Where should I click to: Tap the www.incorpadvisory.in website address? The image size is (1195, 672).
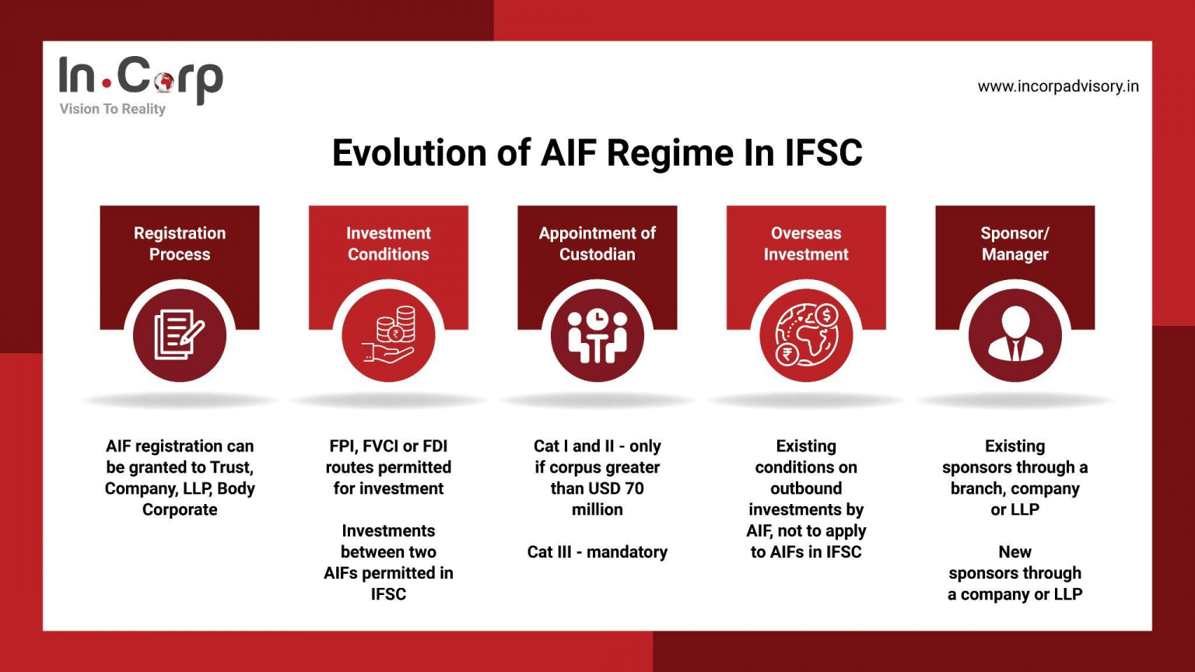click(1058, 86)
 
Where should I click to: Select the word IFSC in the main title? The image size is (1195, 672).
click(824, 153)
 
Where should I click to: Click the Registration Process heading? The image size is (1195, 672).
click(180, 243)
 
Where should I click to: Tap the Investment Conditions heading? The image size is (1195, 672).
click(388, 243)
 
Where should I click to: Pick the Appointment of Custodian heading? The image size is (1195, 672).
click(597, 243)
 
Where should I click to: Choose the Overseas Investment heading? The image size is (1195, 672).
click(806, 243)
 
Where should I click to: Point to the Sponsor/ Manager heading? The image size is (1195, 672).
click(1015, 243)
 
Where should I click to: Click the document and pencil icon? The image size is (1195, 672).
click(180, 335)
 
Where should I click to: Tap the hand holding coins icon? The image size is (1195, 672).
click(388, 335)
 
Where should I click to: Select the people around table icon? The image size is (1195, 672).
click(597, 336)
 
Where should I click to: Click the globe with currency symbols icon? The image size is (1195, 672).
click(806, 335)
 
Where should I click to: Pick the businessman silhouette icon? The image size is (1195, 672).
click(1015, 335)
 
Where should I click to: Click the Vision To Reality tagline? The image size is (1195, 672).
click(113, 109)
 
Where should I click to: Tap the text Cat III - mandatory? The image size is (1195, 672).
click(597, 552)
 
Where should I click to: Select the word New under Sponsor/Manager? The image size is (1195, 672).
click(1015, 552)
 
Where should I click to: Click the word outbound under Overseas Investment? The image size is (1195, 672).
click(806, 488)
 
